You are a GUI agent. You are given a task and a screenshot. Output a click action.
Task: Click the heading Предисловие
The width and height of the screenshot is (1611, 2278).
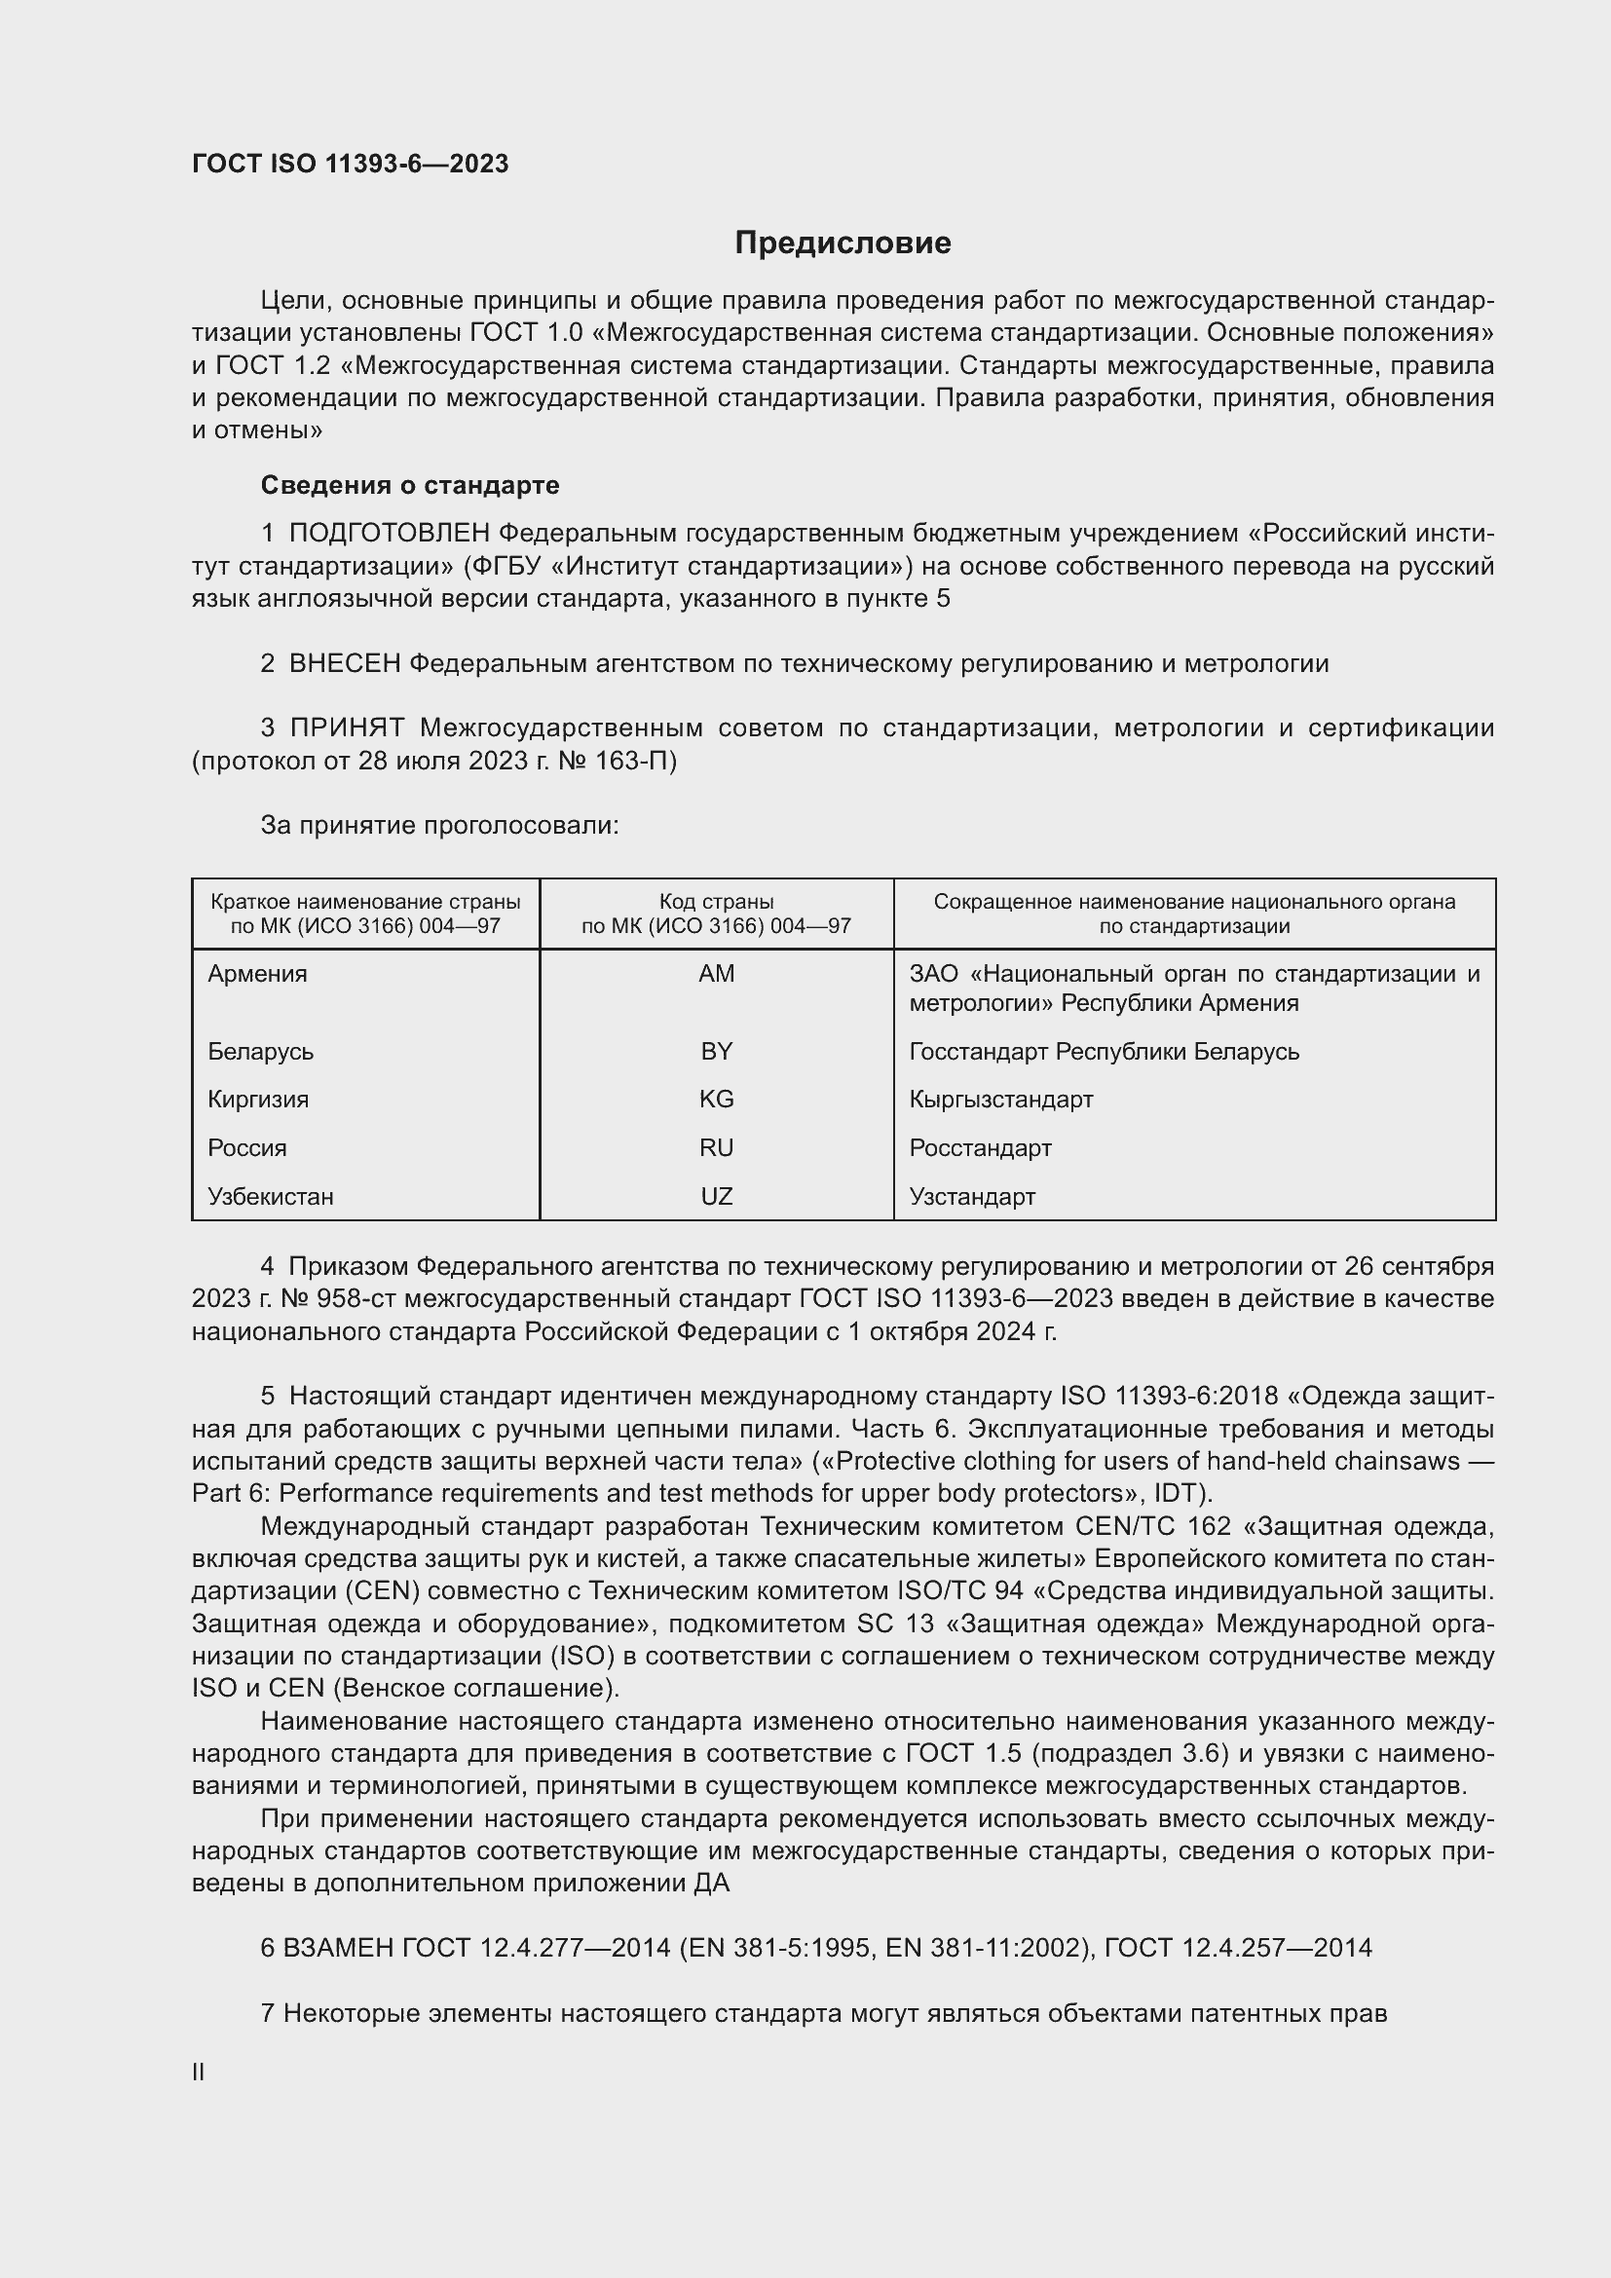pos(843,243)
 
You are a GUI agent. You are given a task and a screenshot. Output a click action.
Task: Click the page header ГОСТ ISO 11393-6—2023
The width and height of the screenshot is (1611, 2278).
pos(351,164)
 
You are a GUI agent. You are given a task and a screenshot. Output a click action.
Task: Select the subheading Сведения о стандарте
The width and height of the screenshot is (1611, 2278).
pos(410,485)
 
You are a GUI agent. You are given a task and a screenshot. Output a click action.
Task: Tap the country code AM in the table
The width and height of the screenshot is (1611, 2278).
pos(716,973)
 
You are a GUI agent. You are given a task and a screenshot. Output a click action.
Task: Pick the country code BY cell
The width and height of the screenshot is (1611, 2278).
pos(716,1051)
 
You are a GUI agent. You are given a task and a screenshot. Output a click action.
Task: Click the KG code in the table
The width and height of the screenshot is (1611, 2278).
pos(716,1100)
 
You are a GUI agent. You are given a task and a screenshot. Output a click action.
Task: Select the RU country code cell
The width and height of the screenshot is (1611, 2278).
pos(716,1148)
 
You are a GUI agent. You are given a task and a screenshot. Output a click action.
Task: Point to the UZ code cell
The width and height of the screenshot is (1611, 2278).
pos(716,1197)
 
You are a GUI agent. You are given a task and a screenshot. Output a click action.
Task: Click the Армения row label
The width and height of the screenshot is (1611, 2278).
pos(258,973)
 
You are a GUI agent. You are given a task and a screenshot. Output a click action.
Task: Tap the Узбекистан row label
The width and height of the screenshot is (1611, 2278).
pos(271,1197)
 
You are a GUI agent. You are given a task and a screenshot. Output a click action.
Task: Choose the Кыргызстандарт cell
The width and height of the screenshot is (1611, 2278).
pos(1001,1100)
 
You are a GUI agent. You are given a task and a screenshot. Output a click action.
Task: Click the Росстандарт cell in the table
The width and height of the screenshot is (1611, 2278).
pos(980,1148)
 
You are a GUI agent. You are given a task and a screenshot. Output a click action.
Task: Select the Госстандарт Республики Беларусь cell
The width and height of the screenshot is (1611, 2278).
pos(1105,1051)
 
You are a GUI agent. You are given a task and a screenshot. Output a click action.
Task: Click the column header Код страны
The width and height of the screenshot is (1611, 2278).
pos(716,902)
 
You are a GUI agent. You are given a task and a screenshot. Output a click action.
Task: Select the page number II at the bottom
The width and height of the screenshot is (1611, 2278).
pos(199,2072)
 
